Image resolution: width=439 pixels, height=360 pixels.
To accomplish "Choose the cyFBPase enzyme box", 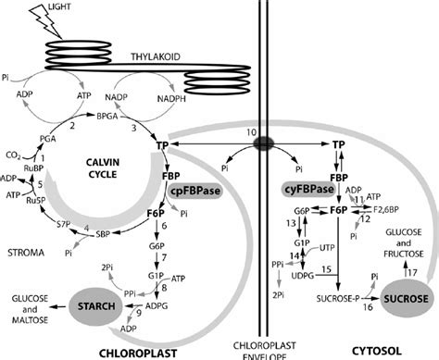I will (309, 190).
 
